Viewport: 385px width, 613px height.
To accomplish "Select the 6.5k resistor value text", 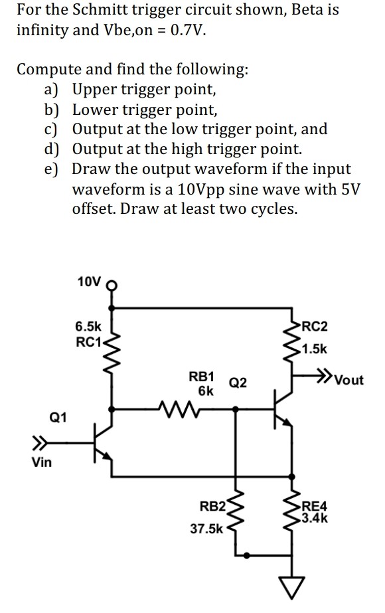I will pyautogui.click(x=88, y=327).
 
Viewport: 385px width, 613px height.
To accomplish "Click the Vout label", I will pyautogui.click(x=349, y=381).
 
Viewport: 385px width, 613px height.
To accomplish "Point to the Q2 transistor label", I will pyautogui.click(x=238, y=383).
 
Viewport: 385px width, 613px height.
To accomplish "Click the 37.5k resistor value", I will pyautogui.click(x=206, y=530).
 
